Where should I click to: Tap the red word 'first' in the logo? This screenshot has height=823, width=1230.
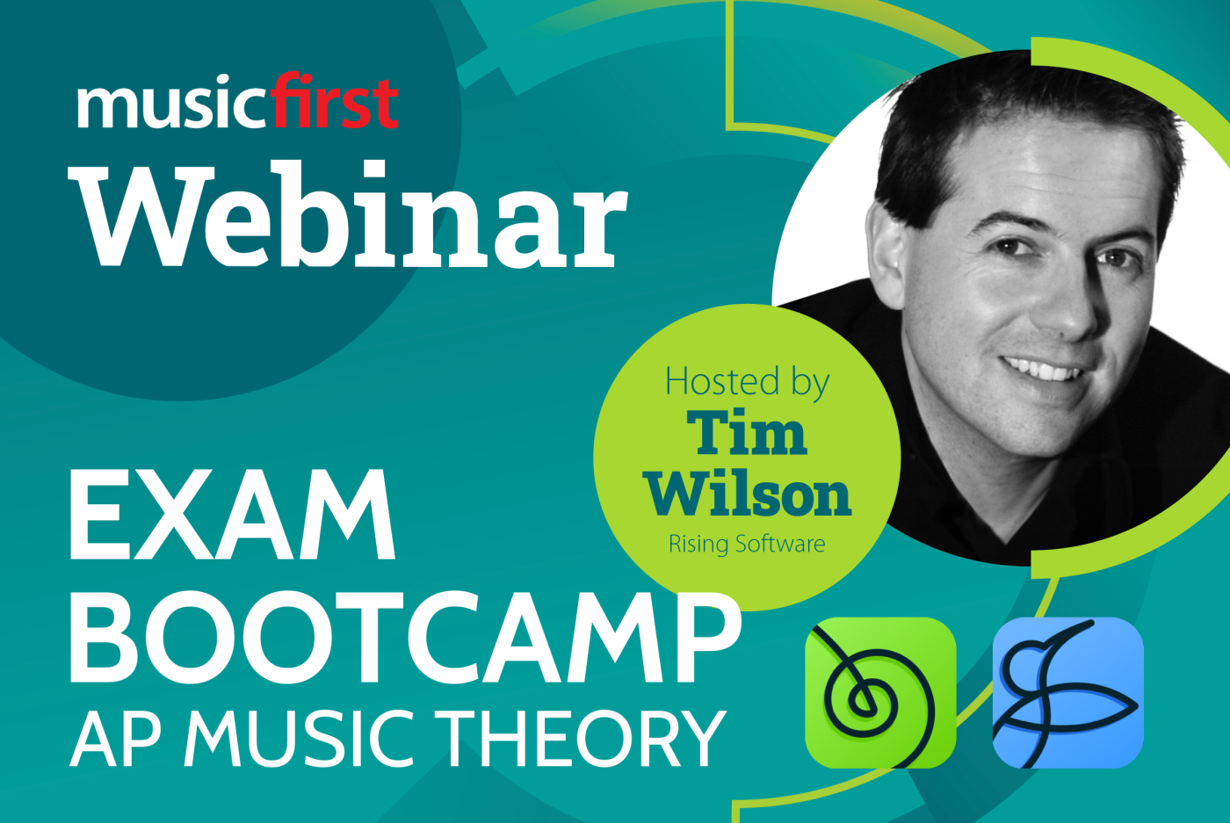(335, 103)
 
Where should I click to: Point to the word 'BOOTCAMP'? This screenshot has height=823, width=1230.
(404, 639)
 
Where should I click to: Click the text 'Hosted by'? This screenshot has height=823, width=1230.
(747, 382)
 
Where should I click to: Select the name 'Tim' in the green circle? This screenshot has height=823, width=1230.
(747, 434)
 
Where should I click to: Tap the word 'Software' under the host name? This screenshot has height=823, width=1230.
(781, 544)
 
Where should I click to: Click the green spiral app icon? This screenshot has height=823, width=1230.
(880, 693)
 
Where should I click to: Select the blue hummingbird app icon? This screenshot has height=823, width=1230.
(1067, 693)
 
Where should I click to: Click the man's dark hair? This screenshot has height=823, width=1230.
(1010, 114)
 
